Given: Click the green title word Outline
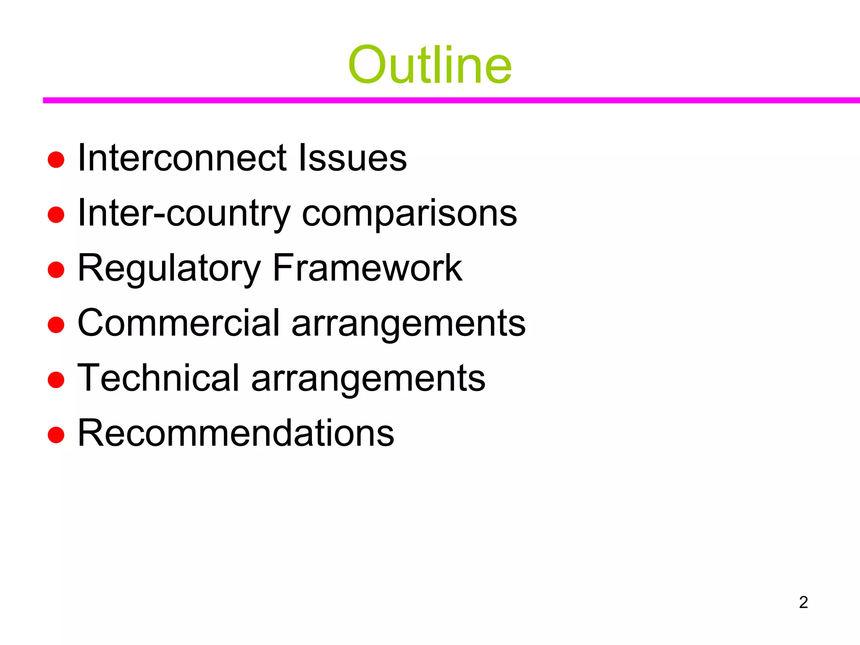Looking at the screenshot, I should click(x=430, y=65).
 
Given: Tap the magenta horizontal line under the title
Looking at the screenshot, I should click(x=451, y=100).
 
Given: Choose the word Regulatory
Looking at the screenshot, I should click(x=169, y=269).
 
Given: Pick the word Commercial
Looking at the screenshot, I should click(x=178, y=323).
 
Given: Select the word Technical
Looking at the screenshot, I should click(x=158, y=378).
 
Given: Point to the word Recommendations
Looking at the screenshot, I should click(x=236, y=433).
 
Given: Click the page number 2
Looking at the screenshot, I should click(x=803, y=602).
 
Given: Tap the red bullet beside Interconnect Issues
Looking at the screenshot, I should click(x=56, y=160).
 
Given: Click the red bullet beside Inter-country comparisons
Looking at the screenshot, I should click(x=56, y=215).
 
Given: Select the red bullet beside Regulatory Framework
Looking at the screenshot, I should click(x=56, y=270).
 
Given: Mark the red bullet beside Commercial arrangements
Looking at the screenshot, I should click(x=56, y=325).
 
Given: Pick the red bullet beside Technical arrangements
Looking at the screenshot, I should click(x=56, y=380).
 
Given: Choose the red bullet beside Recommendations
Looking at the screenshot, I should click(x=56, y=435).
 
